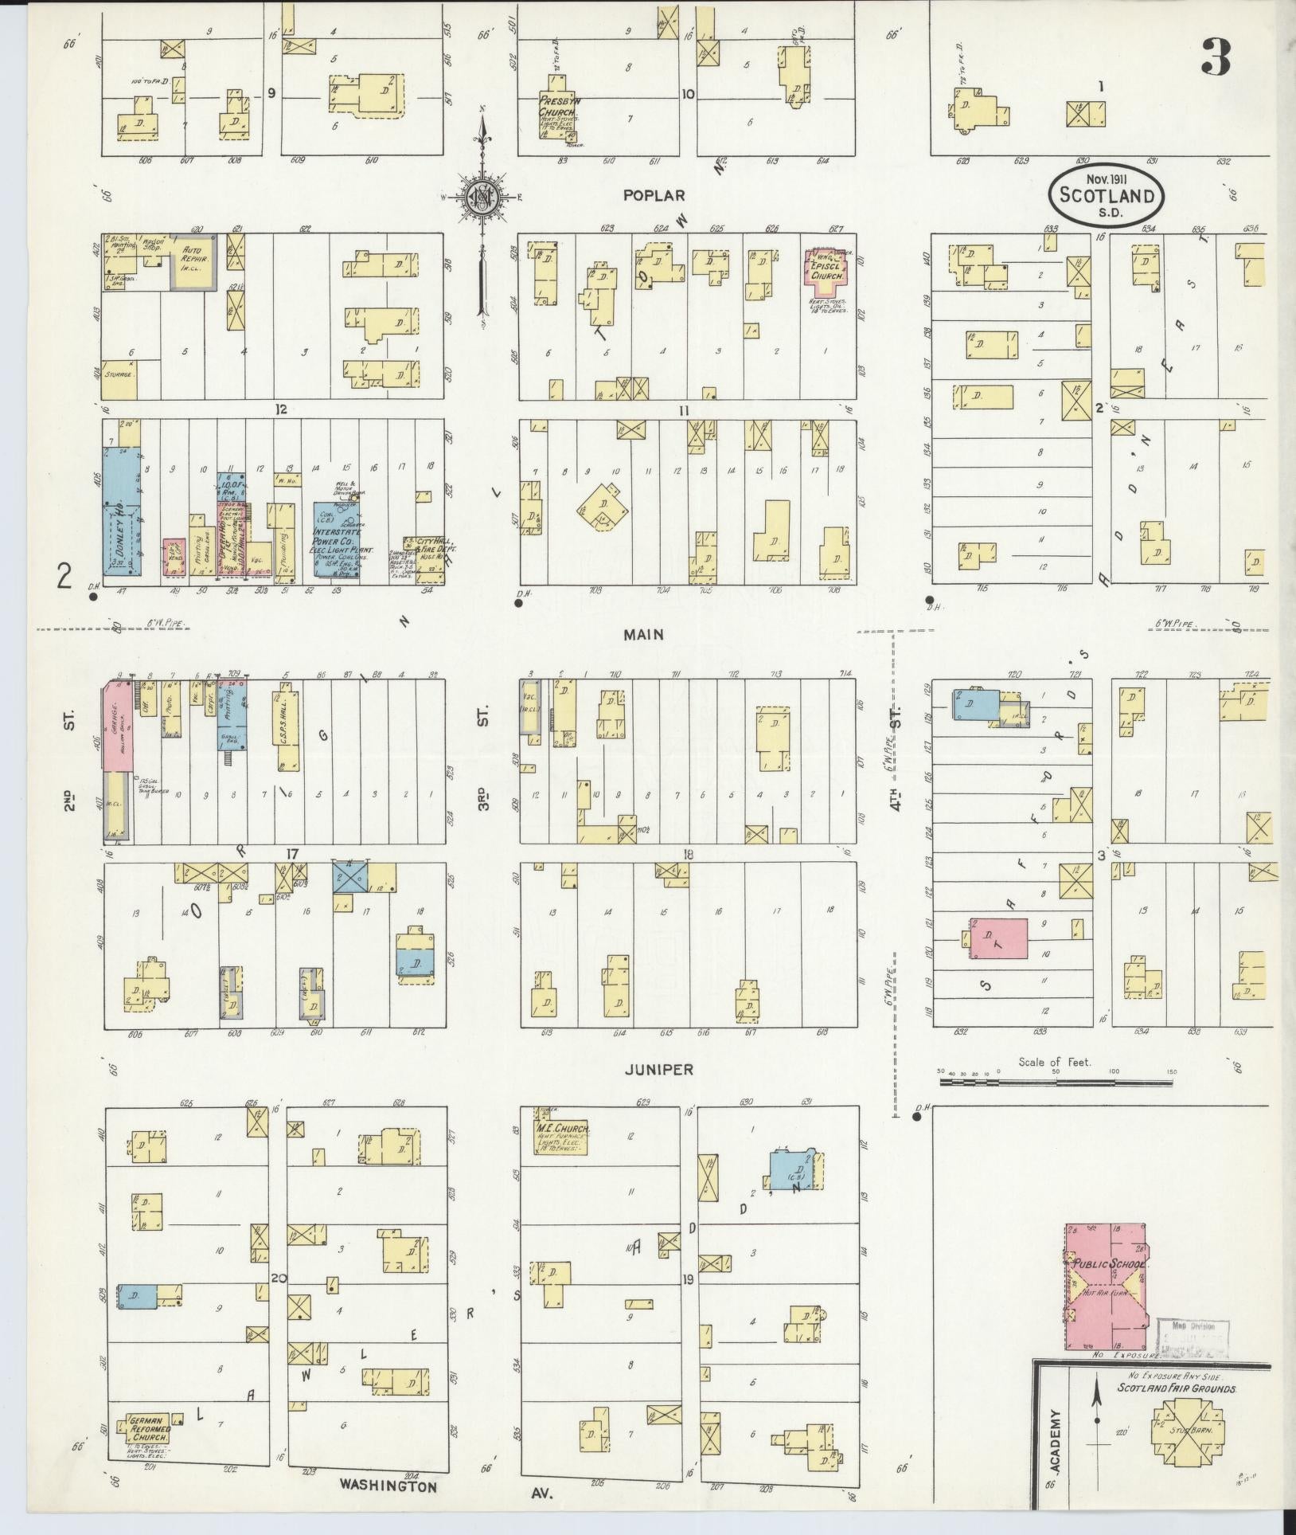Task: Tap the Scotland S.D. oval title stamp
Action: point(1105,194)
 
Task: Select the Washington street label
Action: point(388,1486)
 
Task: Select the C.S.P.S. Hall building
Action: point(289,725)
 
